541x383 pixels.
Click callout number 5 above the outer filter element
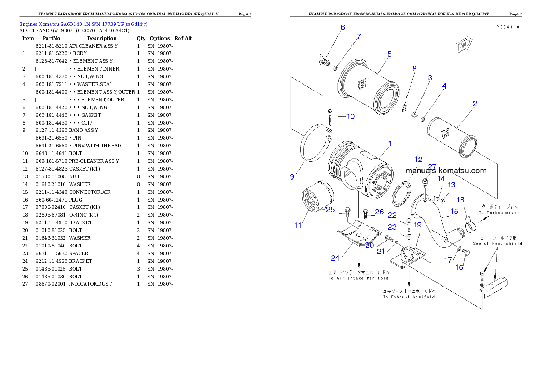pos(390,54)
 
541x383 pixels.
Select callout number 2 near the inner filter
pos(475,104)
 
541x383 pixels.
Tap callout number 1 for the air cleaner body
pos(390,144)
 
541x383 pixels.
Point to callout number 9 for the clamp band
pos(292,177)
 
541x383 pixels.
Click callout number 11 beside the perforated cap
pos(298,225)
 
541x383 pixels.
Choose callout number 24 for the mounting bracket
pos(335,258)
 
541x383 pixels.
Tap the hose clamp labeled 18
pos(470,221)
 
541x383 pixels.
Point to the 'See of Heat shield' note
pos(497,243)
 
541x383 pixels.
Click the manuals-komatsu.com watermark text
pos(446,171)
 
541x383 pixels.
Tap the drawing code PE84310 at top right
pos(508,27)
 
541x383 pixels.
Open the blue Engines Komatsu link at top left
pos(83,24)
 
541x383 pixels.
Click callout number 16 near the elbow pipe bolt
pos(460,267)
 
